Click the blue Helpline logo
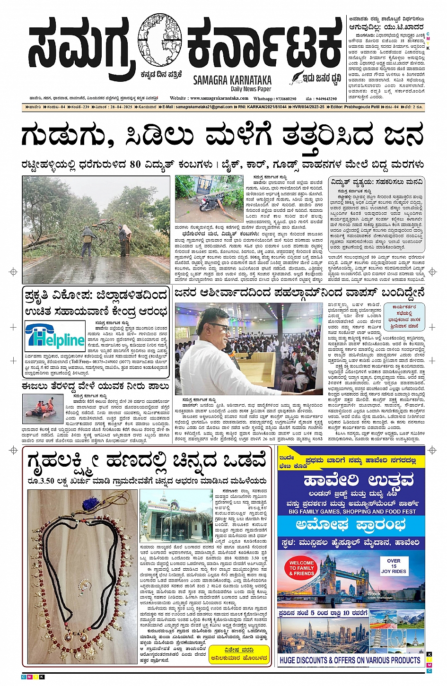[55, 337]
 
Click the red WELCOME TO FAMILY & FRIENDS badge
[301, 568]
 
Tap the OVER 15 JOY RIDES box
[394, 566]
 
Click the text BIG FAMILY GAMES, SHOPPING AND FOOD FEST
[352, 512]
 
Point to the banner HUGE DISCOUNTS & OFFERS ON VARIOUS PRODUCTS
[350, 660]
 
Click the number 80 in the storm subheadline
[135, 165]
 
